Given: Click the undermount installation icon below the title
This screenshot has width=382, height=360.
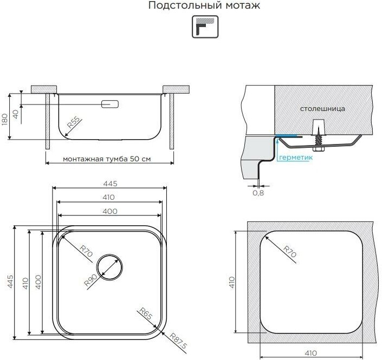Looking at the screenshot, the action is pyautogui.click(x=205, y=27).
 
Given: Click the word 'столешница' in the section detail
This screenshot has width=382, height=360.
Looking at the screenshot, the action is pyautogui.click(x=322, y=109).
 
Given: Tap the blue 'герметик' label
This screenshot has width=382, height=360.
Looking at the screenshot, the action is pyautogui.click(x=295, y=158).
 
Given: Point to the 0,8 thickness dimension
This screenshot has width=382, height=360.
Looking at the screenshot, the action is pyautogui.click(x=258, y=193).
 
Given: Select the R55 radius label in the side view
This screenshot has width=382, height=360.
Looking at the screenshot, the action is pyautogui.click(x=73, y=122).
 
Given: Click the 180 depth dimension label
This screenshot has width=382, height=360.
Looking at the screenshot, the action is pyautogui.click(x=5, y=119).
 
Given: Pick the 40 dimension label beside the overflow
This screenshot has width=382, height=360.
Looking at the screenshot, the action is pyautogui.click(x=15, y=114).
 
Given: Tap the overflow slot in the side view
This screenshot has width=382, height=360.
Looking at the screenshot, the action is pyautogui.click(x=110, y=104).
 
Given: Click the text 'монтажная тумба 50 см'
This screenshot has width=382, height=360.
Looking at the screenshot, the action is pyautogui.click(x=107, y=159).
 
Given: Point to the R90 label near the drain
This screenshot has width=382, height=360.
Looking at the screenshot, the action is pyautogui.click(x=90, y=280).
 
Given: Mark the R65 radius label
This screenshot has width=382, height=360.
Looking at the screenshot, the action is pyautogui.click(x=146, y=313).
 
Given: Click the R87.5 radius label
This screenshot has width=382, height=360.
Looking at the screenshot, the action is pyautogui.click(x=178, y=344).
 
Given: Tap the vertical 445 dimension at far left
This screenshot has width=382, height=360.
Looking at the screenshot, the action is pyautogui.click(x=10, y=282).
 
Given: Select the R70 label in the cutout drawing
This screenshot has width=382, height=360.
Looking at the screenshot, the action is pyautogui.click(x=290, y=251).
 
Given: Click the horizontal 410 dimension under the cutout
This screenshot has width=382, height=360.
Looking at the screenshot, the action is pyautogui.click(x=310, y=353).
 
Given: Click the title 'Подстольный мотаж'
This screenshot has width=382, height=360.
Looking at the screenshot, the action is pyautogui.click(x=204, y=5).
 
